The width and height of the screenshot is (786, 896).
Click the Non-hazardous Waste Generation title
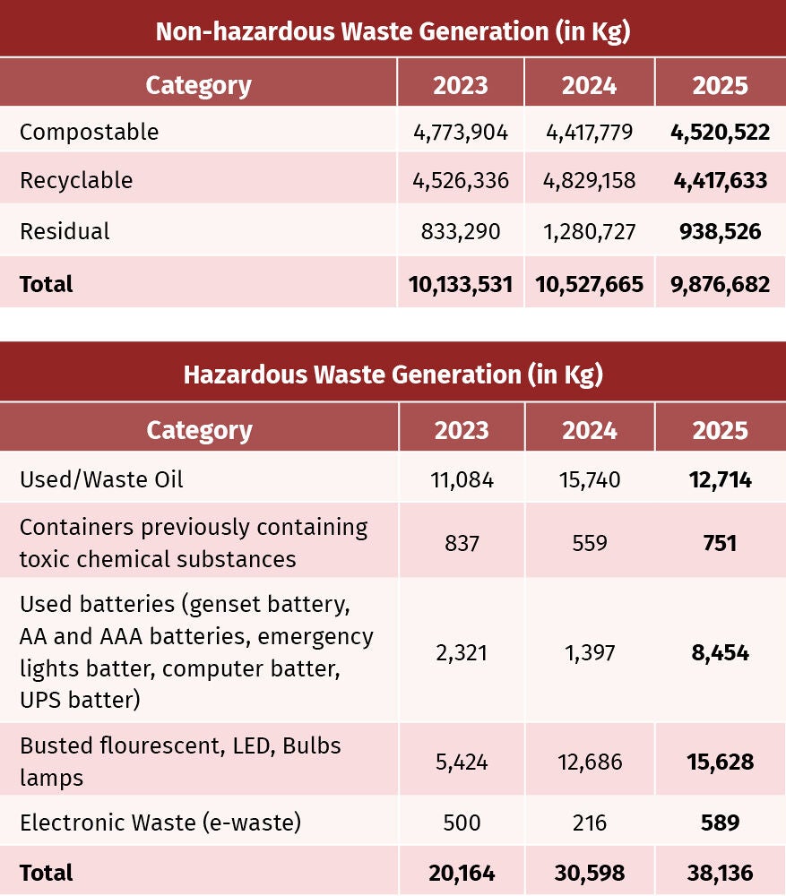[393, 31]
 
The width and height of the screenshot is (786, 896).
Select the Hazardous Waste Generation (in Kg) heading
[393, 375]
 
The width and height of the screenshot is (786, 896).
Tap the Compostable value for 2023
[461, 133]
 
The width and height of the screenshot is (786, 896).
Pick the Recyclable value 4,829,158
[590, 181]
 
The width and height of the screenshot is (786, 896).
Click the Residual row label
[65, 231]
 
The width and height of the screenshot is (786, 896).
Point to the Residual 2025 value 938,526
[721, 231]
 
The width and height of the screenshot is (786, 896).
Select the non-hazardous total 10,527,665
[590, 285]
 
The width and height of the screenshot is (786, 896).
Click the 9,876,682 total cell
[721, 285]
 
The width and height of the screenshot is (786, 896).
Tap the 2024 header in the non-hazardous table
[590, 86]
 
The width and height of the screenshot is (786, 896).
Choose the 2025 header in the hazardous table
[721, 430]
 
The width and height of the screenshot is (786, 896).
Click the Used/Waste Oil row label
[101, 479]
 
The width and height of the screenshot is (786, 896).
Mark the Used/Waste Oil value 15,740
[590, 480]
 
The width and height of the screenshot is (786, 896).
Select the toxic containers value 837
[462, 543]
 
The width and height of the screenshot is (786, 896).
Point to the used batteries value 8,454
[721, 652]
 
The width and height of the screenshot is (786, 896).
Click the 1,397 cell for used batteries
[590, 652]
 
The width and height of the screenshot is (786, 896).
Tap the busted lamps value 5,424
[462, 762]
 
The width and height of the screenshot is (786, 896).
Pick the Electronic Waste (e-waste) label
[160, 823]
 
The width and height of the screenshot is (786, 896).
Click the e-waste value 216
[590, 823]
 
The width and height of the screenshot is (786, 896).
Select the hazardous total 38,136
[721, 873]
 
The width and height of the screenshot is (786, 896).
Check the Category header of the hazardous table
[199, 431]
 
